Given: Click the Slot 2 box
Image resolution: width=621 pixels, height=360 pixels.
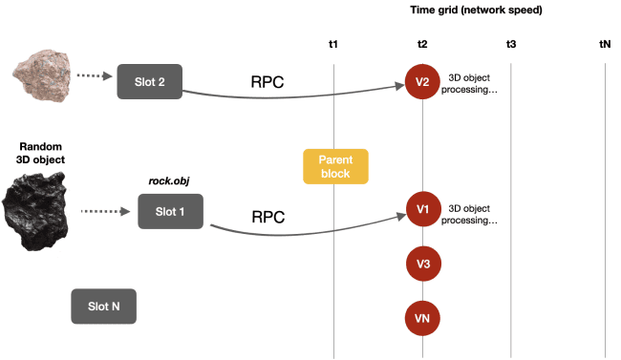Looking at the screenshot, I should [x=149, y=82].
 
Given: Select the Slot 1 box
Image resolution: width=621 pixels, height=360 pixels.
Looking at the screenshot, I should [x=170, y=210].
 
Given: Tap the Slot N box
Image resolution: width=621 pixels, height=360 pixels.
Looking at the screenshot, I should [x=103, y=307].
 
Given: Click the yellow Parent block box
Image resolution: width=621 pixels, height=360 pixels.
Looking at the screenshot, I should [x=335, y=167].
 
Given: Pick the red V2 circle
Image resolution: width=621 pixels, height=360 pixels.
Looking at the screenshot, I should [x=422, y=82].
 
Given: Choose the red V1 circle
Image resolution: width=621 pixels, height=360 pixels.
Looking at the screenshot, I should [x=422, y=208].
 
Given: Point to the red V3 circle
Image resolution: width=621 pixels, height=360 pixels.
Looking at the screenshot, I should [x=422, y=263].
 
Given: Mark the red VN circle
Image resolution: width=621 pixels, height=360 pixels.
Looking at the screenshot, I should [x=422, y=317].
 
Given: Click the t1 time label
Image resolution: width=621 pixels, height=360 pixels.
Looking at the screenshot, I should [x=333, y=45].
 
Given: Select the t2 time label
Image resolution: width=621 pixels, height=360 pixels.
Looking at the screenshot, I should [x=422, y=45].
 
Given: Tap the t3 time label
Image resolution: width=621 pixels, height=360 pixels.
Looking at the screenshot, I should [x=511, y=45].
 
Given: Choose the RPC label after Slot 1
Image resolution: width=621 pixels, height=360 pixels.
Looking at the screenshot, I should [x=268, y=217].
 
